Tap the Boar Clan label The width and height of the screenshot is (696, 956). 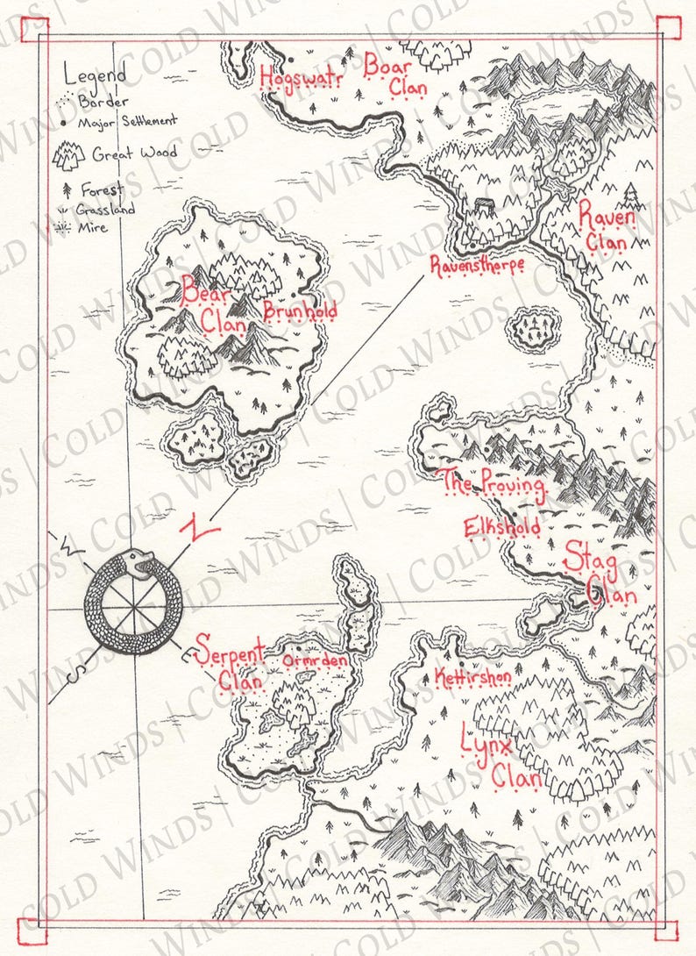pyautogui.click(x=395, y=75)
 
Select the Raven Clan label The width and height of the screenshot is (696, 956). pyautogui.click(x=606, y=226)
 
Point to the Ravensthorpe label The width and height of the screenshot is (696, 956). pyautogui.click(x=477, y=264)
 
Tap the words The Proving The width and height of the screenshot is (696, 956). pyautogui.click(x=493, y=483)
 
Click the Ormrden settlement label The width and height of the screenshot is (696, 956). pyautogui.click(x=316, y=660)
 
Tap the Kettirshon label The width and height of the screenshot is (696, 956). pyautogui.click(x=472, y=678)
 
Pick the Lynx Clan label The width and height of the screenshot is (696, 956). pyautogui.click(x=501, y=760)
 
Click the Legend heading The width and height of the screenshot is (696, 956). pyautogui.click(x=95, y=75)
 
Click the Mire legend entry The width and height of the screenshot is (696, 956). pyautogui.click(x=92, y=227)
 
